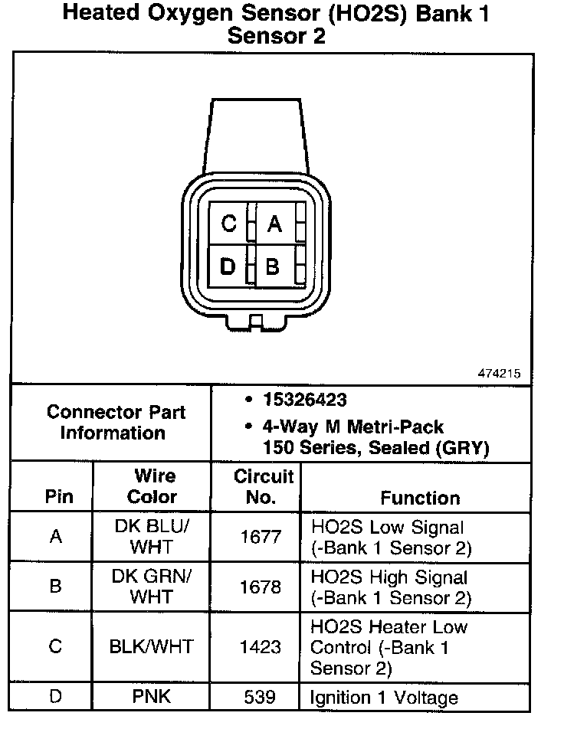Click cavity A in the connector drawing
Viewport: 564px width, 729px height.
pyautogui.click(x=274, y=224)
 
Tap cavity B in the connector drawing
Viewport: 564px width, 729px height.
pyautogui.click(x=273, y=266)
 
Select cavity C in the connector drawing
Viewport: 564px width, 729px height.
pyautogui.click(x=228, y=224)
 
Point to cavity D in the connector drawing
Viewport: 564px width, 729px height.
pyautogui.click(x=228, y=266)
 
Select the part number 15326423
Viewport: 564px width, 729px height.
pyautogui.click(x=304, y=400)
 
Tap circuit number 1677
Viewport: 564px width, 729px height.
pyautogui.click(x=261, y=537)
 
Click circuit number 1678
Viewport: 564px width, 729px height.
pyautogui.click(x=261, y=587)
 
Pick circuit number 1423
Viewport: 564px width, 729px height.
pyautogui.click(x=261, y=647)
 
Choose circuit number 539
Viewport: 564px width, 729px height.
pyautogui.click(x=261, y=698)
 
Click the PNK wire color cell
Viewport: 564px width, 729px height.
pyautogui.click(x=152, y=698)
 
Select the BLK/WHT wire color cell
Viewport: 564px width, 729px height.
pyautogui.click(x=152, y=647)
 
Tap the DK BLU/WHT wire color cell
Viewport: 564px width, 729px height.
pyautogui.click(x=152, y=537)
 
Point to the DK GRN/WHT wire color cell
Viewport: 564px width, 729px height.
pyautogui.click(x=152, y=587)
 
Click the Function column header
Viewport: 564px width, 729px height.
pyautogui.click(x=420, y=498)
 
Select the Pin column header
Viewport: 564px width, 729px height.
pyautogui.click(x=59, y=496)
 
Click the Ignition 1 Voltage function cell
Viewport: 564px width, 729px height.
pyautogui.click(x=384, y=698)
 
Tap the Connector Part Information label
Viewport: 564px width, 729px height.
pyautogui.click(x=116, y=422)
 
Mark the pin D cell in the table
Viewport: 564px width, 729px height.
pyautogui.click(x=55, y=698)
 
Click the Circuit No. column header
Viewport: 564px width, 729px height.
pyautogui.click(x=264, y=486)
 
